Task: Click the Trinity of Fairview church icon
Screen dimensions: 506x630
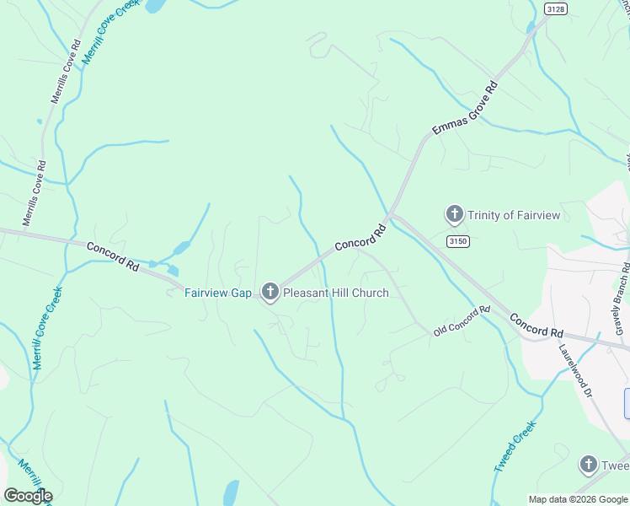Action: click(x=454, y=215)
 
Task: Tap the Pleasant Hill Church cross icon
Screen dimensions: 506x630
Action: click(x=270, y=293)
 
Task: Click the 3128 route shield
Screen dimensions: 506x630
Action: click(x=555, y=8)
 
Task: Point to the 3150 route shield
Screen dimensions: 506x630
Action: click(x=457, y=242)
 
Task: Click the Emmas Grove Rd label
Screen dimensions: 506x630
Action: click(x=465, y=107)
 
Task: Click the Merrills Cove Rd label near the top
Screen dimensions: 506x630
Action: click(x=65, y=71)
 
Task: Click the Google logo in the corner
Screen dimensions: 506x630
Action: click(x=27, y=496)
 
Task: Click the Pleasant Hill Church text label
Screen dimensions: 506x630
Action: click(x=336, y=293)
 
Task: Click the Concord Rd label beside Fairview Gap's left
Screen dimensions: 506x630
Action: click(x=112, y=256)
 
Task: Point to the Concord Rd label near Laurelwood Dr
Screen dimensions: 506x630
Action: click(x=536, y=326)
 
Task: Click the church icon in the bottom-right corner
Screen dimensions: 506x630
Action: click(x=589, y=465)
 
